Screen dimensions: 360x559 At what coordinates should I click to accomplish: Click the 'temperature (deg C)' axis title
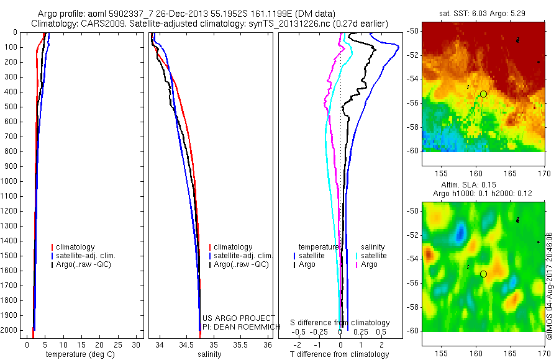click(x=78, y=354)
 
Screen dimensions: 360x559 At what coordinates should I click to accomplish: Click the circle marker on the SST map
click(x=483, y=94)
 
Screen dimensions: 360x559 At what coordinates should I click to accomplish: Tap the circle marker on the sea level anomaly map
click(x=483, y=274)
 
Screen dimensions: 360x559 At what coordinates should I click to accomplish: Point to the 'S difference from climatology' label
click(x=340, y=323)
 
